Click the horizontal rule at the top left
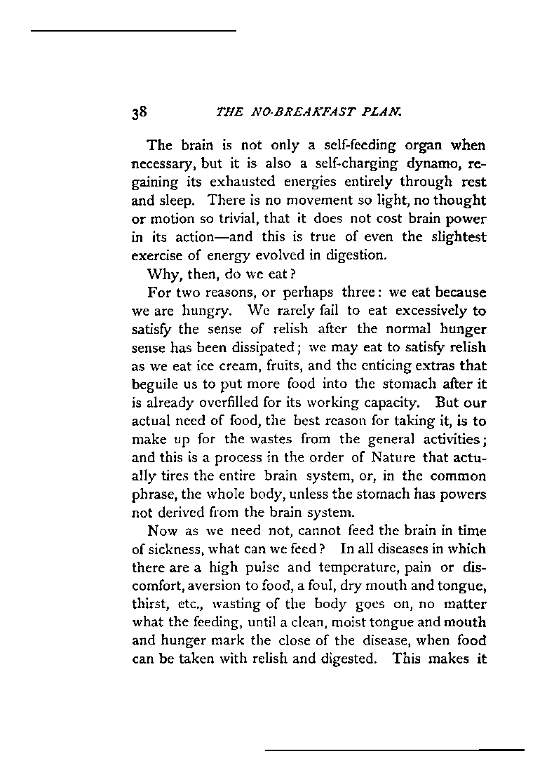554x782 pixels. coord(133,31)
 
